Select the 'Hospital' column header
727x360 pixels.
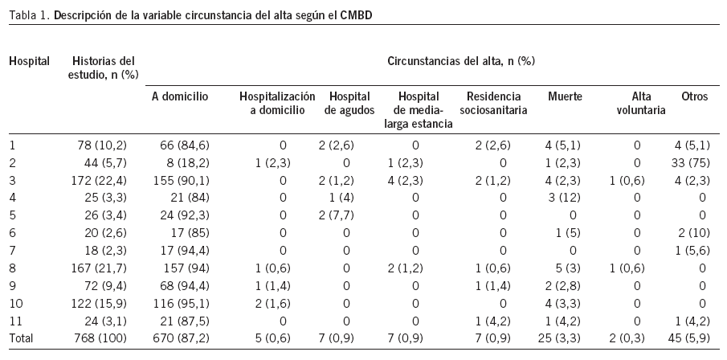click(29, 60)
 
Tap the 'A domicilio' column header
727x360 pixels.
click(180, 96)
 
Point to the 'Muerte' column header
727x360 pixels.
click(565, 96)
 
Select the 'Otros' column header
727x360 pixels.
click(694, 96)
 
